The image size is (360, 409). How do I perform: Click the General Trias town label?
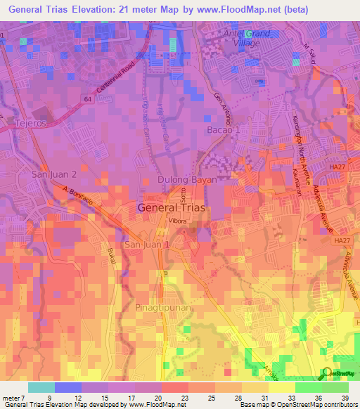(172, 207)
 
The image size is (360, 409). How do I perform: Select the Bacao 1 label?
(224, 130)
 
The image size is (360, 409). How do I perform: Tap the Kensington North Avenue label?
(298, 141)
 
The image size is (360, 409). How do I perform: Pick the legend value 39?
(343, 397)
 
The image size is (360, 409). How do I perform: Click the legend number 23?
(182, 397)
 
